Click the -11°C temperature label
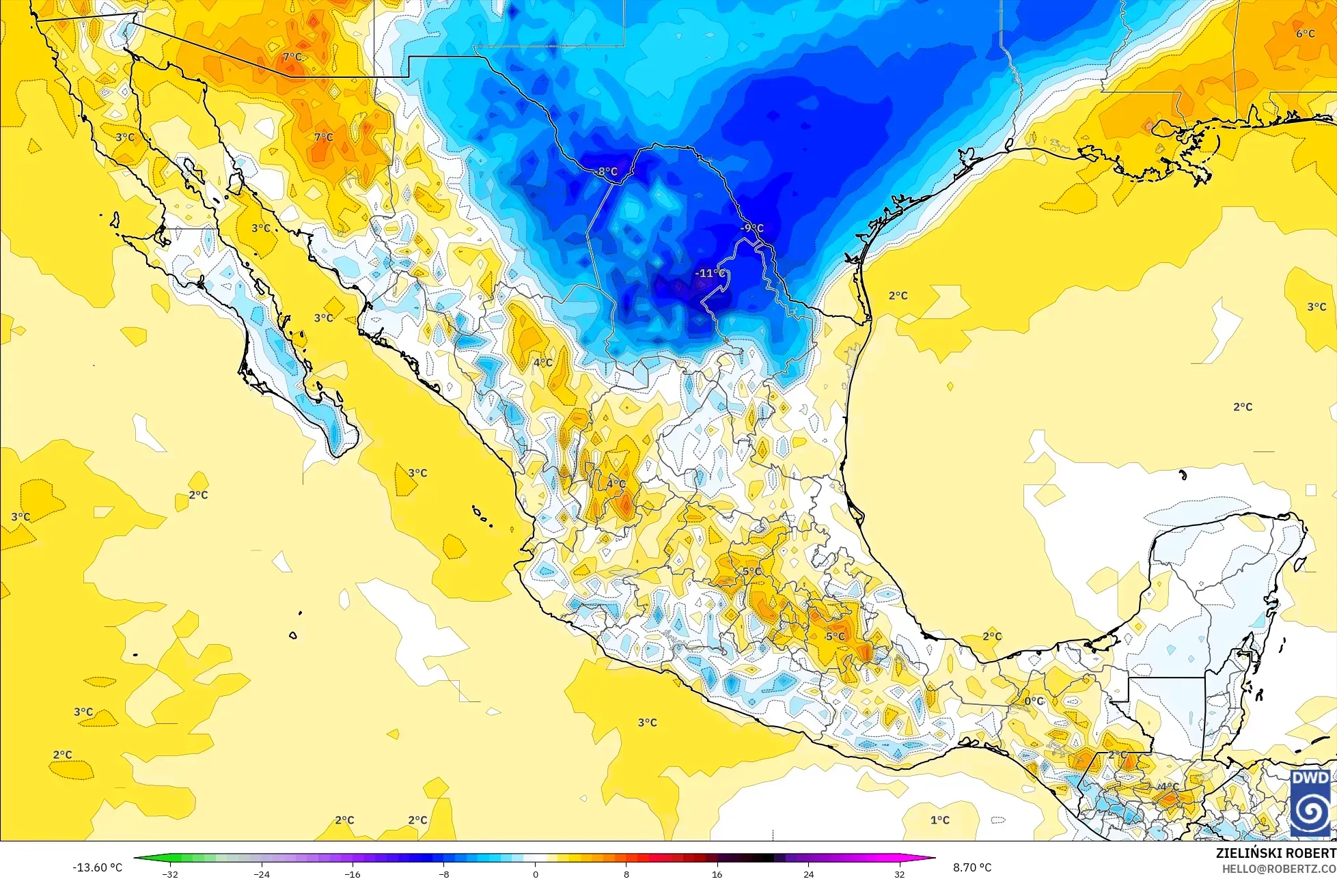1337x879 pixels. click(x=710, y=273)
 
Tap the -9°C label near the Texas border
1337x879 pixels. click(x=752, y=228)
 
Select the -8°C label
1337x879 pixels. click(x=605, y=171)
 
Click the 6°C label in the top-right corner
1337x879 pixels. click(x=1305, y=33)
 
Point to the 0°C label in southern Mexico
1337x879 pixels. click(x=1034, y=701)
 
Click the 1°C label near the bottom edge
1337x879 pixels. click(x=940, y=820)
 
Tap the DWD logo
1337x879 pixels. click(x=1310, y=803)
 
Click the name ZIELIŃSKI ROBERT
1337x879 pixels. click(x=1276, y=853)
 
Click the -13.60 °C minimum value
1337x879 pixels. click(x=97, y=867)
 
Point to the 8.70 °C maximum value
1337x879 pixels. click(x=972, y=867)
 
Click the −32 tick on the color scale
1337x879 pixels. click(x=169, y=874)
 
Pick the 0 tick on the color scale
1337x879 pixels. click(x=535, y=874)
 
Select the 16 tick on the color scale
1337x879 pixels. click(x=717, y=874)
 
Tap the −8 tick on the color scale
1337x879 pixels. click(x=443, y=874)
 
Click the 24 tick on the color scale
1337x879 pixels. click(x=809, y=874)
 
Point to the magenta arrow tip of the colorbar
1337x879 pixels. click(x=933, y=858)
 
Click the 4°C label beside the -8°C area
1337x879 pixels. click(x=543, y=363)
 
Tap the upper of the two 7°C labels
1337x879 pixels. click(x=292, y=57)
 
